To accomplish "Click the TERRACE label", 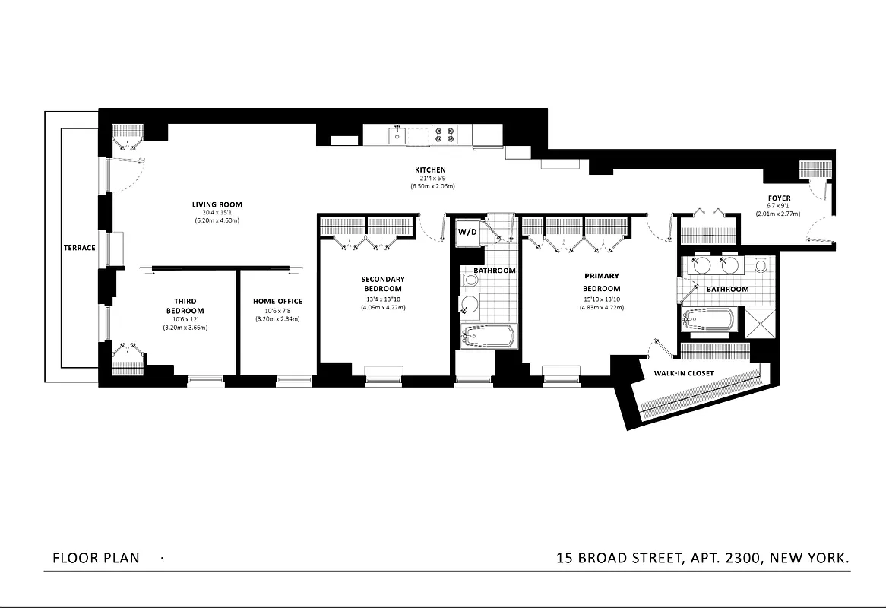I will pyautogui.click(x=80, y=248).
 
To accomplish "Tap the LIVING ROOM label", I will pyautogui.click(x=217, y=204).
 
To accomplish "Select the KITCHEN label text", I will pyautogui.click(x=430, y=170).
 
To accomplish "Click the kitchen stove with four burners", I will pyautogui.click(x=444, y=135).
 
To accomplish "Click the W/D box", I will pyautogui.click(x=467, y=232).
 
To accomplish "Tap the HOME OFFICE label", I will pyautogui.click(x=277, y=302).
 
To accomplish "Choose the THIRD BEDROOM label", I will pyautogui.click(x=185, y=306).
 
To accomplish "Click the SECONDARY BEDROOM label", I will pyautogui.click(x=382, y=284).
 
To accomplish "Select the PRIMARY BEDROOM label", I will pyautogui.click(x=601, y=282).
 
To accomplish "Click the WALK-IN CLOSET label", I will pyautogui.click(x=679, y=373).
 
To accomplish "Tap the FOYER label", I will pyautogui.click(x=779, y=198).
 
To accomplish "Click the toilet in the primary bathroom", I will pyautogui.click(x=761, y=265).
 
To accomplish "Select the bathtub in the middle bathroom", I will pyautogui.click(x=489, y=336).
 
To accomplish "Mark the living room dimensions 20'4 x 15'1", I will pyautogui.click(x=217, y=213).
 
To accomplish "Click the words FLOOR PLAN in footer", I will pyautogui.click(x=96, y=558).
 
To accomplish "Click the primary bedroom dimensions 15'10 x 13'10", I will pyautogui.click(x=601, y=299).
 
